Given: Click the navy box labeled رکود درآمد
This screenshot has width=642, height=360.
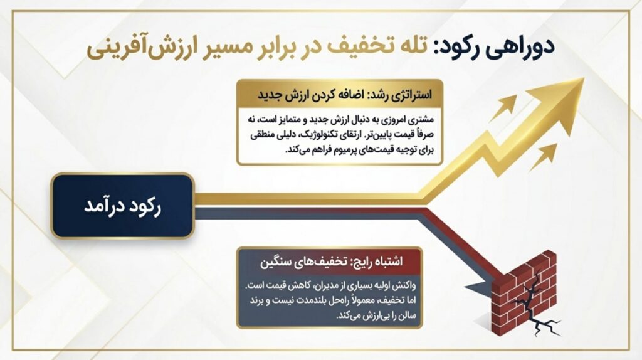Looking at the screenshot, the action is (x=122, y=206).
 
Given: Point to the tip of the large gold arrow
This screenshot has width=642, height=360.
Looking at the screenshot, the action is (x=583, y=78).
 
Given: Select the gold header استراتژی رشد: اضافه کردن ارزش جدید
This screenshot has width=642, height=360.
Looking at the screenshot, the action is (x=340, y=94).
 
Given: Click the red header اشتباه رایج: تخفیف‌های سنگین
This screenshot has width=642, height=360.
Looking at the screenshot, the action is (x=330, y=262).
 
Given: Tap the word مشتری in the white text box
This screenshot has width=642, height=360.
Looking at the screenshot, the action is (x=421, y=120).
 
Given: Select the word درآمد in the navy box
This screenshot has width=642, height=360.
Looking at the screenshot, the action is (x=102, y=206).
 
